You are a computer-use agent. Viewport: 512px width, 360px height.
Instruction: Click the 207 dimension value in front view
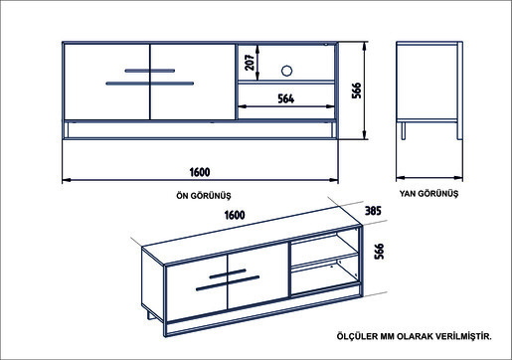[250, 62]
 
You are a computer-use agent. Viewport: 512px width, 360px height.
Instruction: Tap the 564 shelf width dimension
[286, 98]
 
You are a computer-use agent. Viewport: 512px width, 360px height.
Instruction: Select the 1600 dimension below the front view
[200, 172]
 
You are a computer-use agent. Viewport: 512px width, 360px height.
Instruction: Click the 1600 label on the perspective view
[235, 215]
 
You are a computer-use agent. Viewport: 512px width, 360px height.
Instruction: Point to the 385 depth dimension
[373, 211]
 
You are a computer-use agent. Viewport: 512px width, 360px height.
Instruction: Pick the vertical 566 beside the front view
[356, 90]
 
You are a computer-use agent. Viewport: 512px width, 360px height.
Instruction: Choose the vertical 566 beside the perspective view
[379, 252]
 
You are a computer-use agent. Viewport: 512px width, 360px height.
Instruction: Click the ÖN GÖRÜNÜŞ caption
[204, 196]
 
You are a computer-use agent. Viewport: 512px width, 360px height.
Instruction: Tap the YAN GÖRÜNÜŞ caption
[428, 193]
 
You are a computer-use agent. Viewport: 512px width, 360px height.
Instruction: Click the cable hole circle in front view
[286, 71]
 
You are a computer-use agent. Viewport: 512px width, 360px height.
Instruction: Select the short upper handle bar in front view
[150, 71]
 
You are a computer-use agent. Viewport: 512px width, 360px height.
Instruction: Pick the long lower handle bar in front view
[150, 84]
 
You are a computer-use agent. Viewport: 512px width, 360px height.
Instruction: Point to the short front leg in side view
[404, 130]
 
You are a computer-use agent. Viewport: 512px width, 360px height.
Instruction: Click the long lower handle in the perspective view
[228, 283]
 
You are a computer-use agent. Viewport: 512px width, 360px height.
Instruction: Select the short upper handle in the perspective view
[228, 273]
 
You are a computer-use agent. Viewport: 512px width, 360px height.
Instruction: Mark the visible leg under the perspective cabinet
[151, 314]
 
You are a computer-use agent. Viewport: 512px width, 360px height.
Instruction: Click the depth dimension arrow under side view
[429, 178]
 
